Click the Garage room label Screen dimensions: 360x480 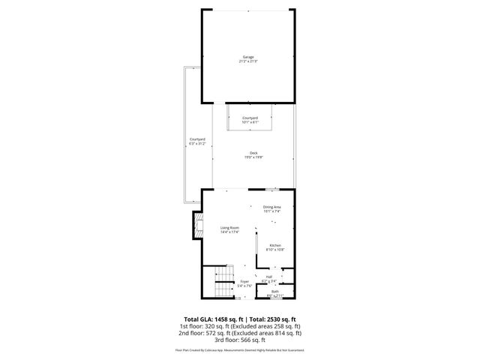[247, 57]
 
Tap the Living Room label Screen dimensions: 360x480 [229, 228]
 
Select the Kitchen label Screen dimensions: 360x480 [275, 245]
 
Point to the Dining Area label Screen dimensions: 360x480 [271, 207]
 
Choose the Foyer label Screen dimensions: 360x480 [244, 281]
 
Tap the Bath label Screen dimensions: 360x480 [274, 291]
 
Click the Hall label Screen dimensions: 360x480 [268, 277]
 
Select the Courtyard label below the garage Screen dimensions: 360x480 [250, 118]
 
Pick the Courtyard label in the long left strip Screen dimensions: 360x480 [197, 139]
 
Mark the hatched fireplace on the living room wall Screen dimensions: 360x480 [199, 226]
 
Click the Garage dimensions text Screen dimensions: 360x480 [247, 61]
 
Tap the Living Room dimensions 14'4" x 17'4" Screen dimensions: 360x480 [229, 232]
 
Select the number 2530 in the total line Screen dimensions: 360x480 [273, 319]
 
